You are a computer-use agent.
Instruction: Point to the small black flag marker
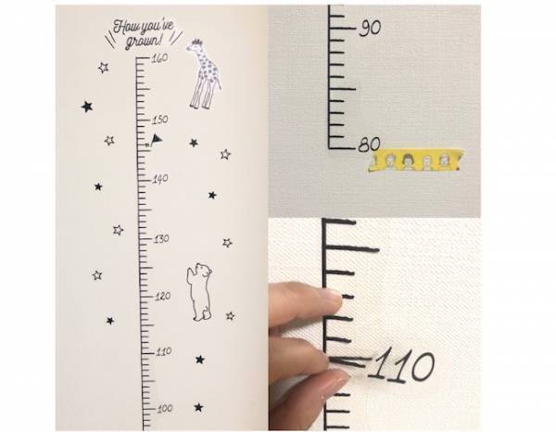coord(156,140)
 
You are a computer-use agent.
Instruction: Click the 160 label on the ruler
coord(158,57)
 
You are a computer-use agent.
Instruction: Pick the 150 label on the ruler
coord(159,120)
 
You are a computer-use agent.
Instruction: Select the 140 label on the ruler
coord(159,179)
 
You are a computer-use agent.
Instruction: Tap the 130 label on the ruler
coord(159,238)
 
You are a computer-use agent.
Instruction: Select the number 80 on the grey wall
coord(370,145)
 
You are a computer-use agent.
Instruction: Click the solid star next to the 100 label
coord(198,407)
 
